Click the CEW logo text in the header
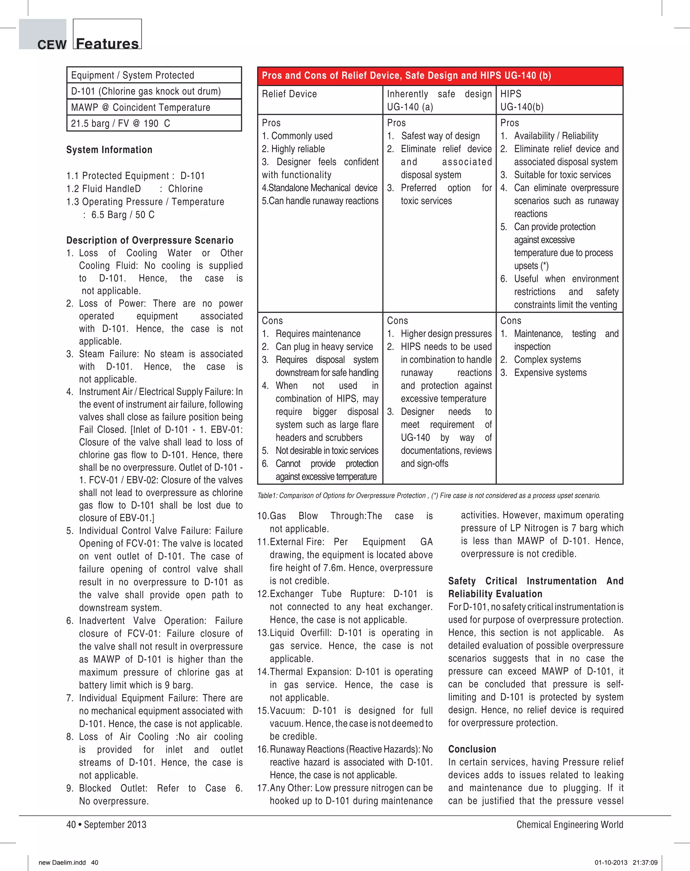click(52, 44)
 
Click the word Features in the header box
click(107, 43)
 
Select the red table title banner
click(440, 76)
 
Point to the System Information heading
click(109, 150)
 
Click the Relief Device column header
click(289, 94)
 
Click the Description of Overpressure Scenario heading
click(150, 240)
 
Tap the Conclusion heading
click(472, 749)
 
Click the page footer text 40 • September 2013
click(106, 825)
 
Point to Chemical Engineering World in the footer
click(570, 825)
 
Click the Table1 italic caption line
click(429, 496)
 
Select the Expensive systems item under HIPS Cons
click(550, 373)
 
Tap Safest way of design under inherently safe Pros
click(440, 136)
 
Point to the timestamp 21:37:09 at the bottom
click(645, 863)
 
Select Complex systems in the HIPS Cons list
click(547, 360)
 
